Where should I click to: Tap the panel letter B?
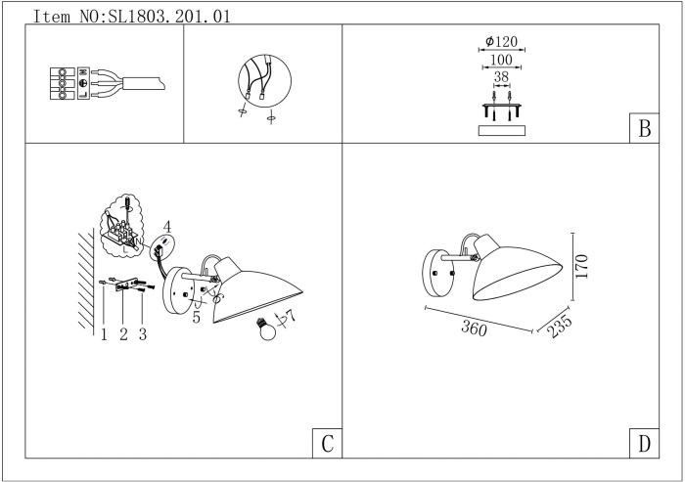pos(644,128)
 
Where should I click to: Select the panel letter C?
pos(327,444)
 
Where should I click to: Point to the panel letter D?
pos(644,444)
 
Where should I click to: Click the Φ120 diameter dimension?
pos(501,41)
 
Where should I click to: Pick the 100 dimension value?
pos(501,60)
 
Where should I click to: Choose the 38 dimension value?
pos(501,77)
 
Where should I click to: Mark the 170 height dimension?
pos(582,266)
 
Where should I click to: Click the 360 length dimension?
pos(474,328)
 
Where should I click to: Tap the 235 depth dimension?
pos(559,327)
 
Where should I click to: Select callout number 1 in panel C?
pos(104,334)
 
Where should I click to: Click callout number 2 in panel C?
pos(123,334)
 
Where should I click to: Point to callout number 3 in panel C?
pos(143,334)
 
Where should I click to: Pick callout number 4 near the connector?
pos(167,227)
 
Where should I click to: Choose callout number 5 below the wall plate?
pos(196,318)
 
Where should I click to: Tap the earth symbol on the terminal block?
pos(83,83)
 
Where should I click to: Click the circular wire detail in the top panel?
pos(265,82)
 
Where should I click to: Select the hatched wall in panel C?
pos(86,281)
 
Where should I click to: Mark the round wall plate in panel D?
pos(437,274)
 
